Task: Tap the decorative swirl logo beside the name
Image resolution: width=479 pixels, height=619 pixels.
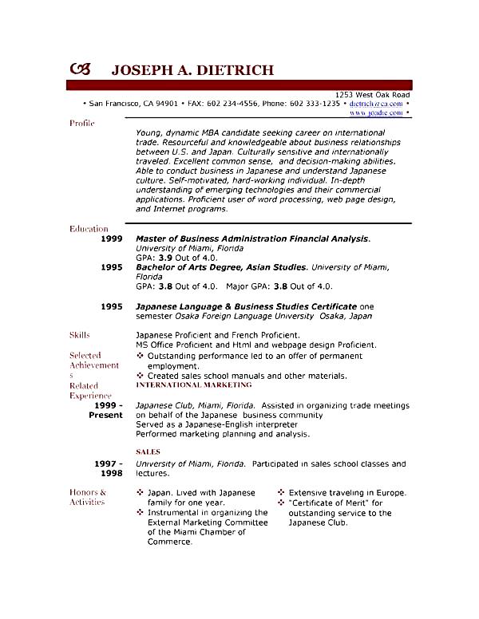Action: [x=81, y=69]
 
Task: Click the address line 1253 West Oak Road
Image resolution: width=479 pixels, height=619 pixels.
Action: [x=372, y=94]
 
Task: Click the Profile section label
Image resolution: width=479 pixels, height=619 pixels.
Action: [x=82, y=124]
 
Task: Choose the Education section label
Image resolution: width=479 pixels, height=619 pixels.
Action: [x=89, y=229]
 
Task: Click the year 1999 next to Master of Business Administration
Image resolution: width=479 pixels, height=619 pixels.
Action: [x=112, y=239]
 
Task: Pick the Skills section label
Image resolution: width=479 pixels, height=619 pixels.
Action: [x=80, y=335]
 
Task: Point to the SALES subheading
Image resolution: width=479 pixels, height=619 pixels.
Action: [x=148, y=451]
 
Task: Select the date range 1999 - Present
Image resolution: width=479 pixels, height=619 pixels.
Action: [x=106, y=410]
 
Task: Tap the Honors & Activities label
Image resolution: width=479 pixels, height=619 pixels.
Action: [x=87, y=497]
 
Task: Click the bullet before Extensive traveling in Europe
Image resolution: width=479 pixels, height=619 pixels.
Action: [x=281, y=493]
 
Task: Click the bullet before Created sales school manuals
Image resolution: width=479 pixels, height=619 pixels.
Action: [x=141, y=375]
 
